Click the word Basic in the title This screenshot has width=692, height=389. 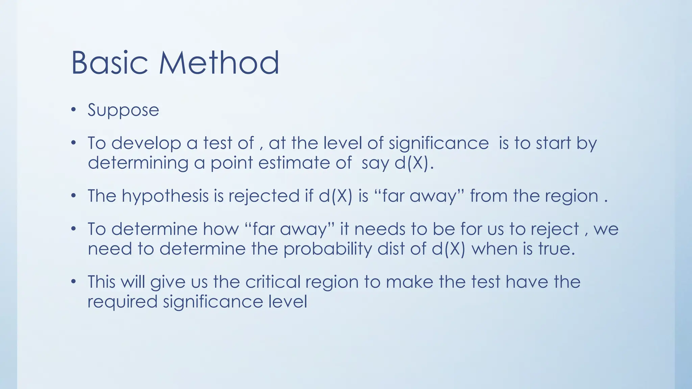coord(109,63)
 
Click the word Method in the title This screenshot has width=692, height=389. coord(219,63)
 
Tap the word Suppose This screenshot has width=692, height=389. coord(123,110)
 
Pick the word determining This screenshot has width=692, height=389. coord(138,163)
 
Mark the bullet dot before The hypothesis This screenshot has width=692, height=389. coord(74,196)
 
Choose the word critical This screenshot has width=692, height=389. coord(273,282)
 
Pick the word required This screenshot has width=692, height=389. coord(122,302)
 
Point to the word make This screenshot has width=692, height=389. coord(409,282)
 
